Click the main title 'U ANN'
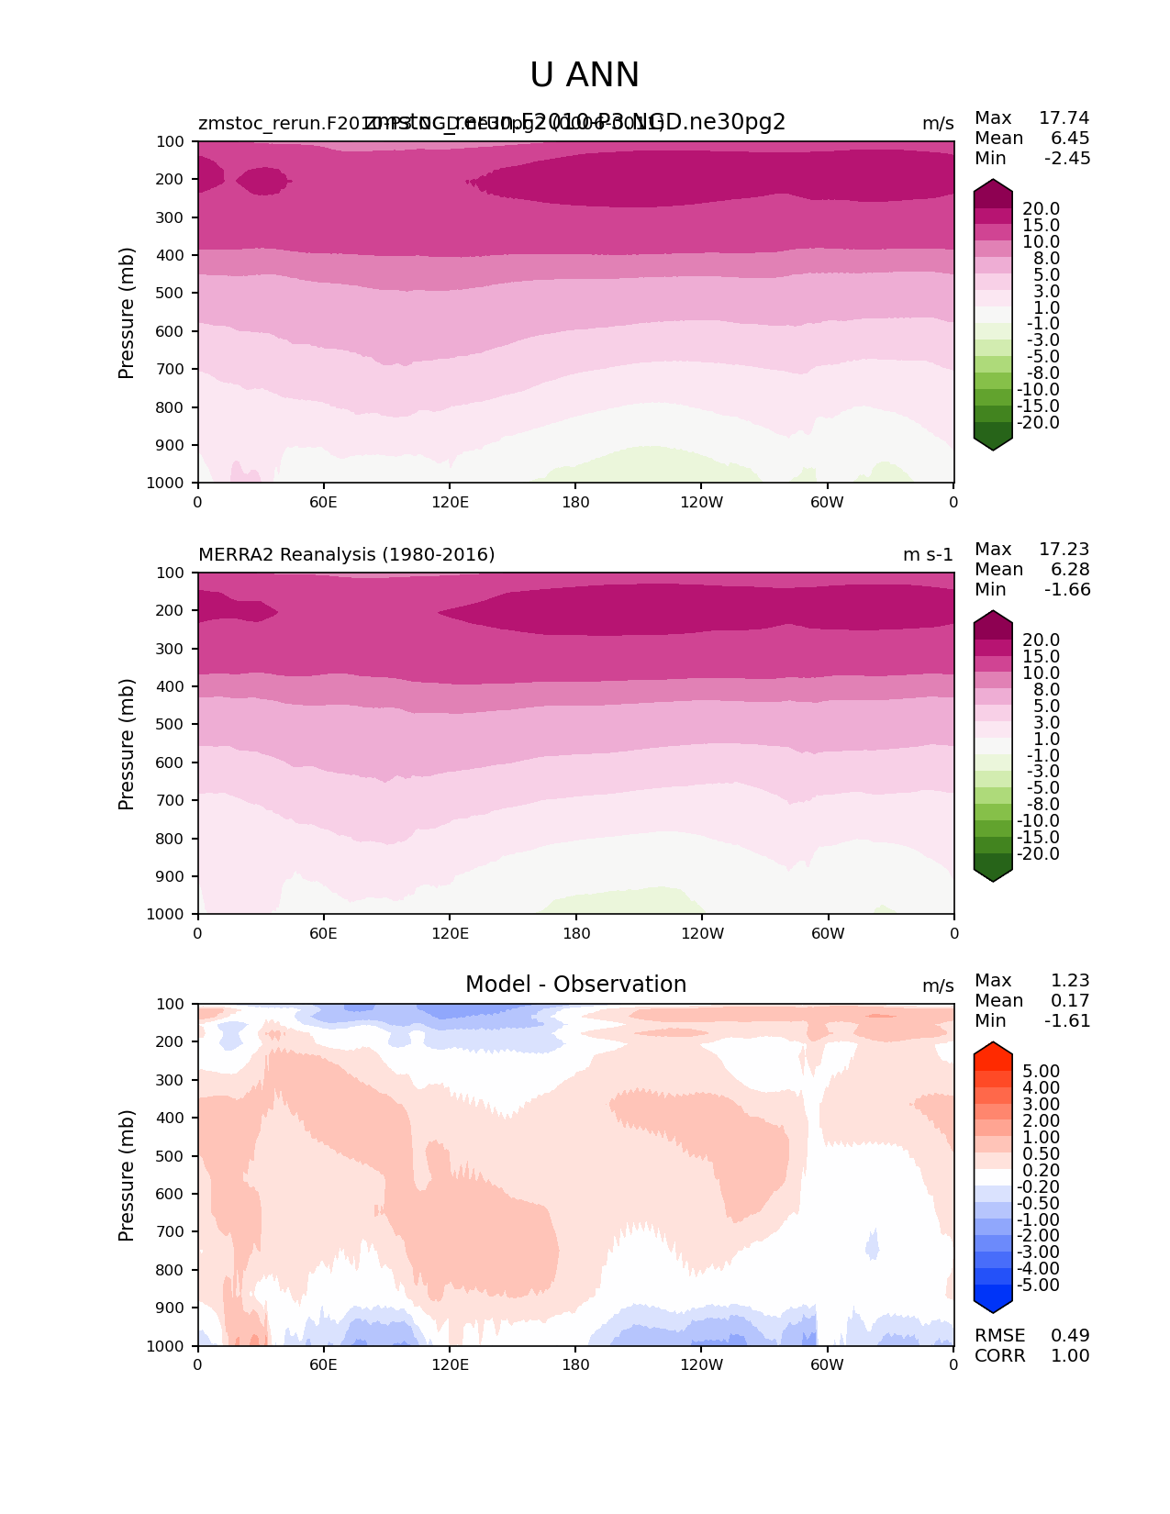pyautogui.click(x=585, y=75)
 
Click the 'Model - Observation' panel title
pyautogui.click(x=575, y=985)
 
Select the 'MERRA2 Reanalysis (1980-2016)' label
pyautogui.click(x=346, y=555)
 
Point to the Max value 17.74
pyautogui.click(x=1064, y=118)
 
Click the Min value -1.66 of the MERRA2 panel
pyautogui.click(x=1067, y=590)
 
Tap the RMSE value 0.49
pyautogui.click(x=1070, y=1336)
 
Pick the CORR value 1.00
pyautogui.click(x=1070, y=1356)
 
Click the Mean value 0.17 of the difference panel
pyautogui.click(x=1070, y=1001)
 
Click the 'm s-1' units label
pyautogui.click(x=928, y=555)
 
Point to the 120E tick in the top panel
pyautogui.click(x=450, y=502)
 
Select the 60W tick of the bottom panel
pyautogui.click(x=827, y=1365)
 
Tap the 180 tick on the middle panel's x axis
pyautogui.click(x=575, y=933)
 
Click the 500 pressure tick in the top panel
pyautogui.click(x=171, y=294)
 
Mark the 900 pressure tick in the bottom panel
pyautogui.click(x=171, y=1308)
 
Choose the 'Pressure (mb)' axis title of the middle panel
pyautogui.click(x=127, y=744)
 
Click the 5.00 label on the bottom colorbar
pyautogui.click(x=1041, y=1072)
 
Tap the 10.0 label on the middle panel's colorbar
pyautogui.click(x=1041, y=674)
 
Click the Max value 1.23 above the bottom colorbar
pyautogui.click(x=1070, y=981)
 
